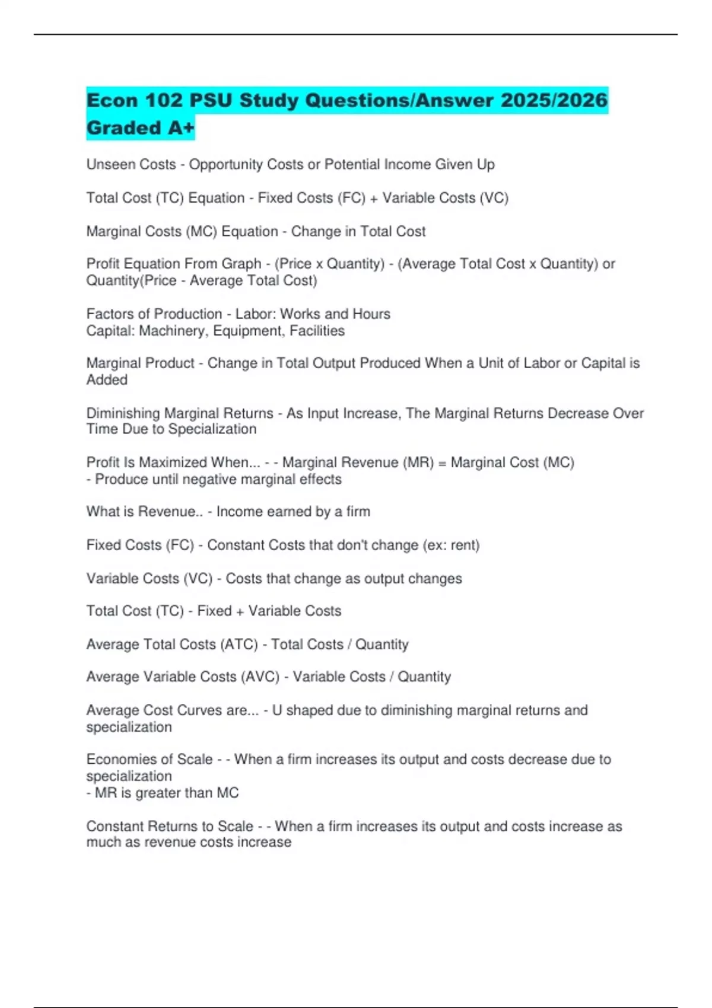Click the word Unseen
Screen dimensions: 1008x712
(109, 164)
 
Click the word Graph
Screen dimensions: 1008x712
(241, 263)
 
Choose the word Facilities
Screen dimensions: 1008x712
(317, 330)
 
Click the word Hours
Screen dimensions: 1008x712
(371, 314)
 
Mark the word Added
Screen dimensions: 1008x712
(107, 379)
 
